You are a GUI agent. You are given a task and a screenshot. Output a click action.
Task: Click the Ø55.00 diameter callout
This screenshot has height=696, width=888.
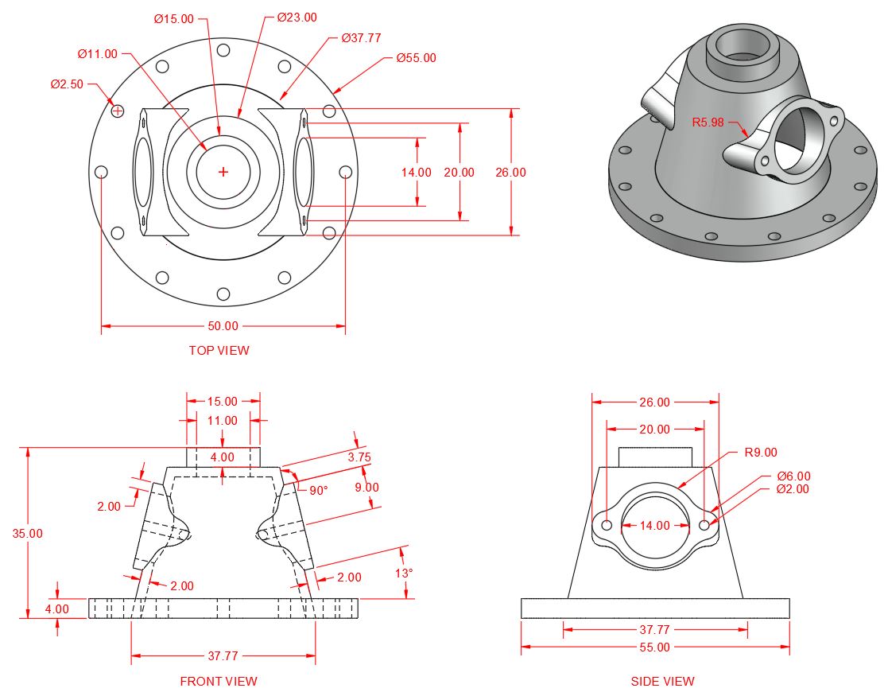pos(416,58)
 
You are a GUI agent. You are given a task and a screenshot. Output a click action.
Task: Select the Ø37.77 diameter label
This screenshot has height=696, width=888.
pos(362,37)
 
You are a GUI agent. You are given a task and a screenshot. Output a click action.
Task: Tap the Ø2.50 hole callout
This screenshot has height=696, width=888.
pos(67,84)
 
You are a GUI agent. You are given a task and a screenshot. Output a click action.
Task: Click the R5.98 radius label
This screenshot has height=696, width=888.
pos(708,122)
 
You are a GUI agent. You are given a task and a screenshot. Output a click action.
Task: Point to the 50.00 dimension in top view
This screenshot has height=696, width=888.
pos(223,326)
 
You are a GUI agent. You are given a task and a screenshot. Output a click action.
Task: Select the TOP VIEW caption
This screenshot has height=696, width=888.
pos(219,350)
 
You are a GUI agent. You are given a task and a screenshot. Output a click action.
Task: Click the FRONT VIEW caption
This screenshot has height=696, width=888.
pos(219,681)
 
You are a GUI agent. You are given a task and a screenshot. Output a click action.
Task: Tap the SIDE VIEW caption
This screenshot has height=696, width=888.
pos(662,681)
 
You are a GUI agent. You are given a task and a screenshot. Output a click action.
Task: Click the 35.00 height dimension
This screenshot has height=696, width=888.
pos(27,533)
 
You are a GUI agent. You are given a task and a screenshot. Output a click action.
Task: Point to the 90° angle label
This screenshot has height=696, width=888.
pos(318,491)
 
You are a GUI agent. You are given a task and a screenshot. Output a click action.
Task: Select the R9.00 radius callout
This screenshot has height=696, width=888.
pos(761,453)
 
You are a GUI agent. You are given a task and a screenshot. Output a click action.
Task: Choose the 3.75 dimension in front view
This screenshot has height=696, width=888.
pos(359,457)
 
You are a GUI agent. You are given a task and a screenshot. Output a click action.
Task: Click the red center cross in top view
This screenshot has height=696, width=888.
pos(223,172)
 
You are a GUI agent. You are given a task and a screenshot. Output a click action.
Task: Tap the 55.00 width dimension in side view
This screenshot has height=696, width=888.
pos(654,647)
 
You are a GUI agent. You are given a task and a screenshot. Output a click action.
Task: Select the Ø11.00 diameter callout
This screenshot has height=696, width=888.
pos(97,54)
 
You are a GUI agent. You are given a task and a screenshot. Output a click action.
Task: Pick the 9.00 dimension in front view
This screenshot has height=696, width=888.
pos(367,487)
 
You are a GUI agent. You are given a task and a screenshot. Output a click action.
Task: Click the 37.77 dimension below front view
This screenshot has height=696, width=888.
pos(223,656)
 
